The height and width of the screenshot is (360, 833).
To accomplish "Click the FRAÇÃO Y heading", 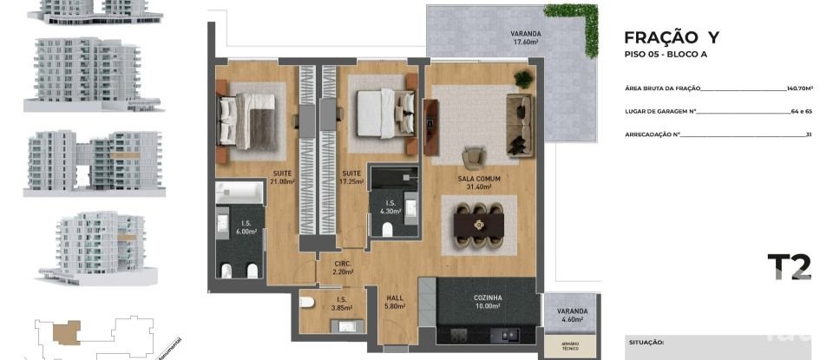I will pyautogui.click(x=672, y=37).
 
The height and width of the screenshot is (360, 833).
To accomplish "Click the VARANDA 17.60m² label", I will pyautogui.click(x=525, y=37).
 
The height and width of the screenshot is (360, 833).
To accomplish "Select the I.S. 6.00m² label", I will pyautogui.click(x=246, y=227).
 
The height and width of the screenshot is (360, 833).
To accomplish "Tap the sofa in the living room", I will pyautogui.click(x=521, y=126).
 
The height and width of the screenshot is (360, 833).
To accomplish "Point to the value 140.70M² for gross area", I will pyautogui.click(x=798, y=88).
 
